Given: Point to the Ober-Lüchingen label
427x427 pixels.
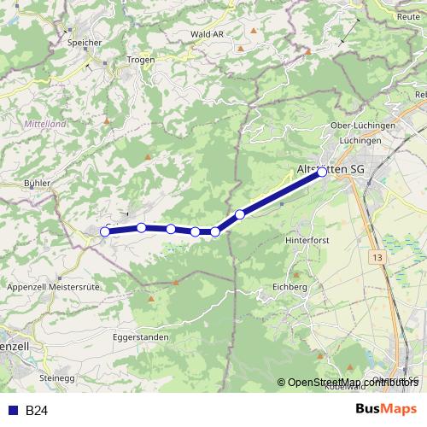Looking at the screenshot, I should tap(362, 126).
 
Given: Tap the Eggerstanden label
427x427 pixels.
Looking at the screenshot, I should tap(140, 337).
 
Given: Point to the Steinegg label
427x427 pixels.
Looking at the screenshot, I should tap(58, 377).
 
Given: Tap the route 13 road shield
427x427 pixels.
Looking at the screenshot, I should tap(378, 256).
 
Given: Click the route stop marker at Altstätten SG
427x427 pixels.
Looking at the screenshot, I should tap(322, 172).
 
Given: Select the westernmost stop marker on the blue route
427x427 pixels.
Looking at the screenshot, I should tap(105, 231).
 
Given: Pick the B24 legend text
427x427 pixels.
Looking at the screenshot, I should tap(36, 411).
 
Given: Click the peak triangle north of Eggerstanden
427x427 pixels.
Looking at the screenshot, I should tap(152, 300).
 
